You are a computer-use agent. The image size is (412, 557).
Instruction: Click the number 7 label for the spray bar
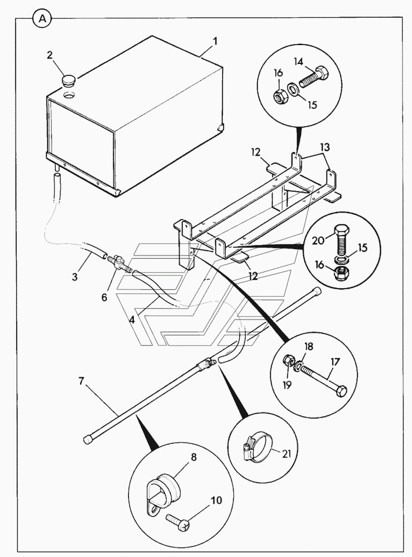click(81, 381)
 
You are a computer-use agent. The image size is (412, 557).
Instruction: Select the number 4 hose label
click(132, 319)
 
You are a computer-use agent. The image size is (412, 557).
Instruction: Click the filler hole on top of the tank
click(70, 96)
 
